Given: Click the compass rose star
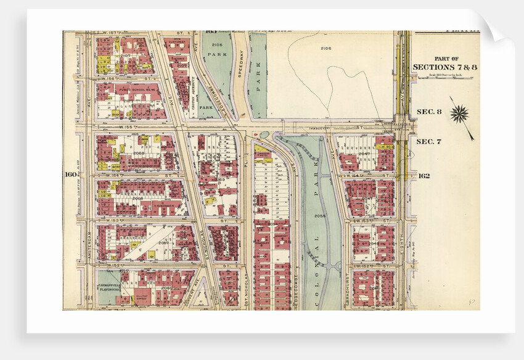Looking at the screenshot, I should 459,113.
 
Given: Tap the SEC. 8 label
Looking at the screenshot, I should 429,112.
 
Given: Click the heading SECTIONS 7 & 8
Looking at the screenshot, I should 439,67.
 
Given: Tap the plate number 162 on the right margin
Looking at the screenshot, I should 423,176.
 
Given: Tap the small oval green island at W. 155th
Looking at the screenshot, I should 265,134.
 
